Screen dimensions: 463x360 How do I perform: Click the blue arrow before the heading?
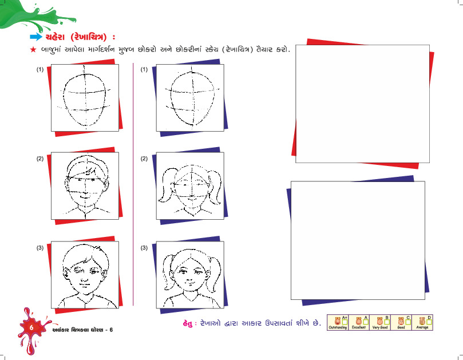click(36, 37)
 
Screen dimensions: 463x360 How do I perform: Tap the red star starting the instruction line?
click(33, 50)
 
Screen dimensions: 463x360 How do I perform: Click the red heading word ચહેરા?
click(56, 37)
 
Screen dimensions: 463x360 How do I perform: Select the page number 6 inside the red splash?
click(31, 327)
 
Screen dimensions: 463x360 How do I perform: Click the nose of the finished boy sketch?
click(84, 279)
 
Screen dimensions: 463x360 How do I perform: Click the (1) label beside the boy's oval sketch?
click(40, 69)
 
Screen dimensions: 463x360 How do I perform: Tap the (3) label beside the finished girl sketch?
click(144, 248)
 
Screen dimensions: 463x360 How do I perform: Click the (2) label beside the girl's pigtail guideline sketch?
click(144, 159)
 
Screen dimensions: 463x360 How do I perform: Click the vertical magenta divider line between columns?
click(133, 184)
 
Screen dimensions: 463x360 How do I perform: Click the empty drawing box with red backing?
click(362, 104)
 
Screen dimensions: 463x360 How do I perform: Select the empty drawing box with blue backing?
click(358, 240)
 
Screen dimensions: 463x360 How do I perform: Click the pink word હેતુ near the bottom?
click(188, 323)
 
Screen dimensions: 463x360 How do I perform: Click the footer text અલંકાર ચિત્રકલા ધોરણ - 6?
click(82, 330)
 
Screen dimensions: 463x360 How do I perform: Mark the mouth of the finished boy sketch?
click(84, 286)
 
